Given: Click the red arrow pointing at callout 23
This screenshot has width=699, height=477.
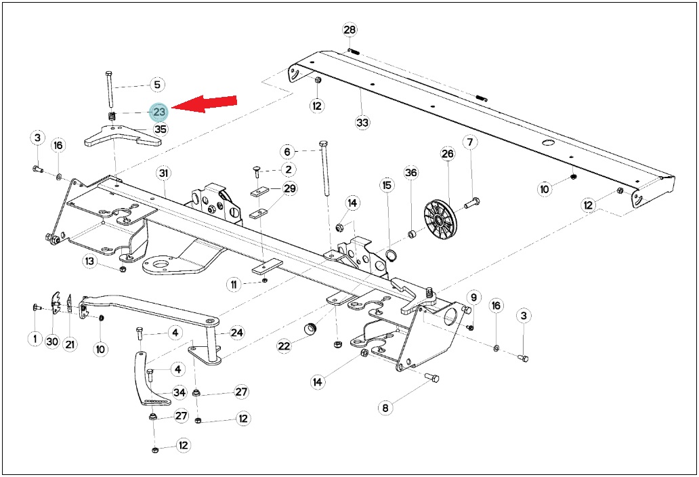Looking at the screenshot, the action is tap(204, 104).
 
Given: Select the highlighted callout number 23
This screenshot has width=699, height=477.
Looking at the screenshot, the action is tap(159, 112).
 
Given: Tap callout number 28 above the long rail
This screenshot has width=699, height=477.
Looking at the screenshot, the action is tap(349, 30).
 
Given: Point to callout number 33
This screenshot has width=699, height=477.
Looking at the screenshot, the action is tap(362, 122).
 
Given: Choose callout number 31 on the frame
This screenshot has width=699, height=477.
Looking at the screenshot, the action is tap(164, 173).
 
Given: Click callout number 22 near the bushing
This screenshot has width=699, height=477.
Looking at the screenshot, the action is tap(284, 346).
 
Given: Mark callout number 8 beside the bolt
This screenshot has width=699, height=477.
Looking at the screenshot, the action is tap(385, 407).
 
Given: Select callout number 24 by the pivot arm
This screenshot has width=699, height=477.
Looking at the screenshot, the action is tap(236, 333).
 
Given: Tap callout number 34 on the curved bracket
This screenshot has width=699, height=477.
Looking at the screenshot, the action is tap(179, 392).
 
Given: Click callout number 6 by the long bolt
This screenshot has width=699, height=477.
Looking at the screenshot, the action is tap(287, 152).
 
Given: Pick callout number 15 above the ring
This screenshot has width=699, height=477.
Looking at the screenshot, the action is tap(387, 184).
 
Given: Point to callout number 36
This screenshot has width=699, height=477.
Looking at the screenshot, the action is tap(411, 173).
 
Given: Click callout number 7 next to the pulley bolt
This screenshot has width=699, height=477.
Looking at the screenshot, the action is tap(470, 142).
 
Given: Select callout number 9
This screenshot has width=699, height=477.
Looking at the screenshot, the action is tap(473, 297).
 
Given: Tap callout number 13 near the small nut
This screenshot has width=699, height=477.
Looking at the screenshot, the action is tap(90, 261).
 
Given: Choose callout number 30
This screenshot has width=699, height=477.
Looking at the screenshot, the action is tap(52, 341).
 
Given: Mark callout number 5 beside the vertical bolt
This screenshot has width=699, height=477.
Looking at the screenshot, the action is tap(156, 84).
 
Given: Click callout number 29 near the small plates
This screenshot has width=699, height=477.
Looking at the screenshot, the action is tap(289, 188).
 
